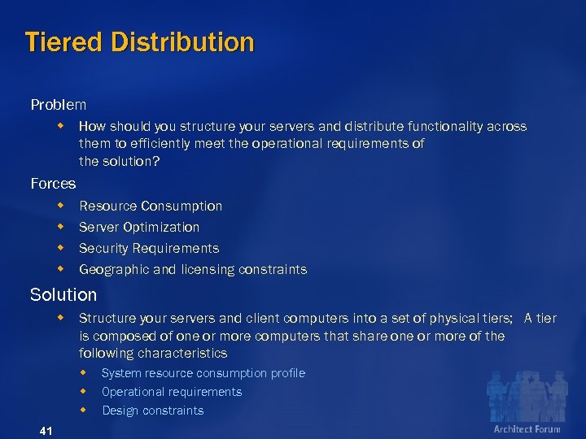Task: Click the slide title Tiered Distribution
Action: (139, 41)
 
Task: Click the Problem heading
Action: (59, 105)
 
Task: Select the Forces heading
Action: (53, 184)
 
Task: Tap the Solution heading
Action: (63, 294)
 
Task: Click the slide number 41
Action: (46, 430)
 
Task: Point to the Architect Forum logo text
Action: (527, 428)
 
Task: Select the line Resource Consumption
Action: (151, 206)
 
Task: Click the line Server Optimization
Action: (139, 228)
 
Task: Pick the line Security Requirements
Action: (149, 249)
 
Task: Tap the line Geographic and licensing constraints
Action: (193, 270)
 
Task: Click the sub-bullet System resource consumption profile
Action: (203, 373)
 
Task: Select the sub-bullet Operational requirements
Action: (172, 392)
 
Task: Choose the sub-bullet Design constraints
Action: (153, 411)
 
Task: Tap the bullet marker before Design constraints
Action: (83, 410)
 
